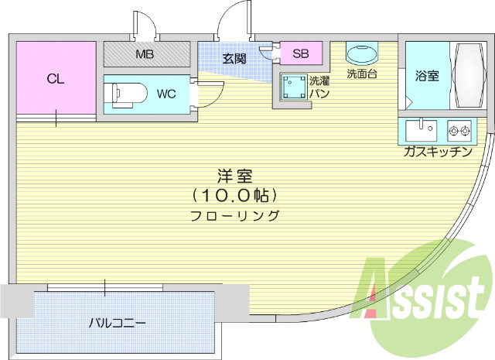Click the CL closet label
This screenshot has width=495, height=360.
pos(54,78)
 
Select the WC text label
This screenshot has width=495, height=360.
pos(166,94)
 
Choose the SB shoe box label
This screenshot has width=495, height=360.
pos(300,53)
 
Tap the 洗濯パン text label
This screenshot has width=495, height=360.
pos(319,87)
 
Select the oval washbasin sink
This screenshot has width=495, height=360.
pos(361,55)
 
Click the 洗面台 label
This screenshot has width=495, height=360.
pos(361,74)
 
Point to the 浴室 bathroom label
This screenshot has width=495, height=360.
pos(426,76)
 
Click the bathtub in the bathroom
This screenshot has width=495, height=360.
pos(466,75)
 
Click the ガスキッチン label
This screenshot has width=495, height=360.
pos(437,152)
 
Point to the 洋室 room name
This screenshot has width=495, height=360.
pos(234,176)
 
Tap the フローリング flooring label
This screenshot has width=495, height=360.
pos(234,216)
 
